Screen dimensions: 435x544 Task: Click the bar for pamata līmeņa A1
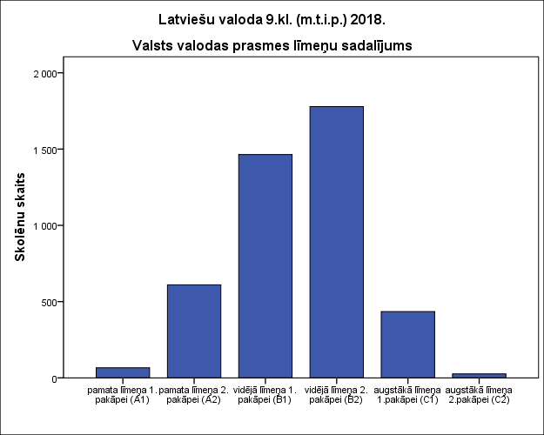point(123,372)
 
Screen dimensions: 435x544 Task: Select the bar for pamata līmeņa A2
point(194,331)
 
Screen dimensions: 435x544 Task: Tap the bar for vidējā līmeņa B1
point(265,266)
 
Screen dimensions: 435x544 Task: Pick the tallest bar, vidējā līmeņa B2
point(337,242)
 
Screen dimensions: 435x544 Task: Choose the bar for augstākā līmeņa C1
point(407,345)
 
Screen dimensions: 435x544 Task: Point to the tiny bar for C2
point(479,375)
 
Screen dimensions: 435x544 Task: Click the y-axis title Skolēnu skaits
point(19,225)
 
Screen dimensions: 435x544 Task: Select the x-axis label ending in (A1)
point(123,395)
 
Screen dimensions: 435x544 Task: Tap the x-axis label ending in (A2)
point(194,395)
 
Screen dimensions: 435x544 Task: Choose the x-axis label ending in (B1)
point(265,395)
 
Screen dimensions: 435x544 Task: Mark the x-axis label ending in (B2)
point(337,395)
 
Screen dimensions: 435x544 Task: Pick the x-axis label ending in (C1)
point(407,395)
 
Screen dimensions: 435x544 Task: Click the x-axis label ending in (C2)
point(479,395)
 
